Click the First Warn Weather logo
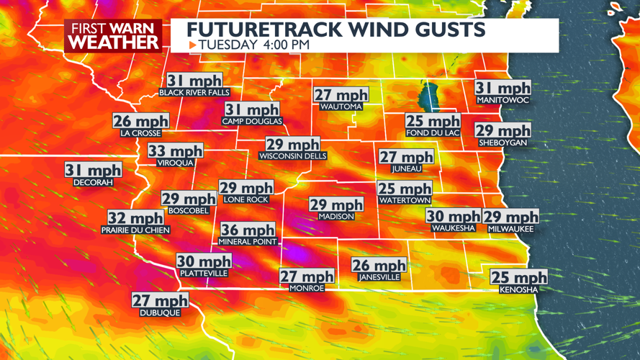[x=112, y=35]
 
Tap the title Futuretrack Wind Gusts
[x=335, y=30]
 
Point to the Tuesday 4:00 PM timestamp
[x=253, y=45]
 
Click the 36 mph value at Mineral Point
[x=248, y=230]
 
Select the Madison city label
[x=336, y=216]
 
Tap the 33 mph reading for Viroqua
[x=176, y=151]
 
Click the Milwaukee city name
[x=510, y=228]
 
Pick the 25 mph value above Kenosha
[x=518, y=277]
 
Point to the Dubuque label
[x=160, y=313]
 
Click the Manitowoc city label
[x=502, y=100]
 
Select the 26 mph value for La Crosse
[x=140, y=121]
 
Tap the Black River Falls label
[x=194, y=93]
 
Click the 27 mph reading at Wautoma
[x=341, y=95]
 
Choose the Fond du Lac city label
[x=432, y=133]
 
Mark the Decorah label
[x=93, y=183]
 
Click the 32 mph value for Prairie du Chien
[x=136, y=217]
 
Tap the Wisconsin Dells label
[x=292, y=156]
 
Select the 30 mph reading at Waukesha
[x=453, y=216]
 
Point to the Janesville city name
[x=379, y=277]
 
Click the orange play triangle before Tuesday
[x=192, y=45]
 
